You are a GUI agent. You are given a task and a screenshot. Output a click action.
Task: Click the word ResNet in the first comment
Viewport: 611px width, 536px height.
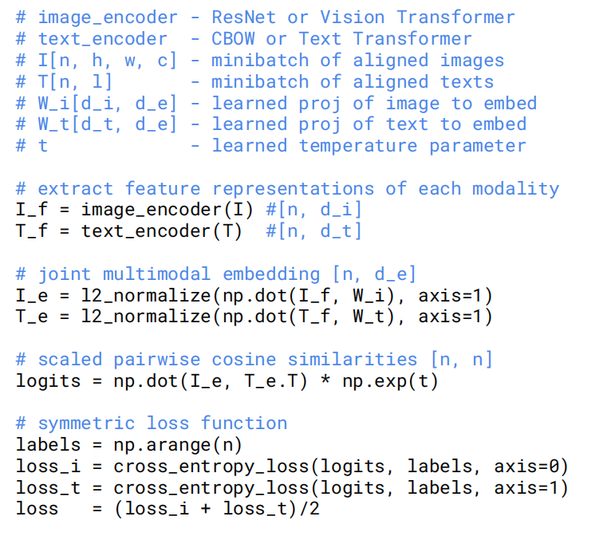point(244,18)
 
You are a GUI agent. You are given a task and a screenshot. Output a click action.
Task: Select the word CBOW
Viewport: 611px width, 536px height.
point(233,39)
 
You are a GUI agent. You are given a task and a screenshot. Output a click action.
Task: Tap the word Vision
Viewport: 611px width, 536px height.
point(353,18)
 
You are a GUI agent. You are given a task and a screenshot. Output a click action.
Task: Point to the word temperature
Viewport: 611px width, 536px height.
point(357,146)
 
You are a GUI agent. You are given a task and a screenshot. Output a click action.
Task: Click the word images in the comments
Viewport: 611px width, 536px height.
point(472,61)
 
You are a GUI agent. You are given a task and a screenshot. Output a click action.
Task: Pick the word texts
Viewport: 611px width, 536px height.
point(467,82)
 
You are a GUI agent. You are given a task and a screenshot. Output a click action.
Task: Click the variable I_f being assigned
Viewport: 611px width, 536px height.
point(32,210)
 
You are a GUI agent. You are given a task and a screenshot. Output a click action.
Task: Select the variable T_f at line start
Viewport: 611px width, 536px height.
point(32,231)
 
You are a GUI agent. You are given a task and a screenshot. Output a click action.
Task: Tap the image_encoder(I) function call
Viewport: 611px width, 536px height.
point(168,211)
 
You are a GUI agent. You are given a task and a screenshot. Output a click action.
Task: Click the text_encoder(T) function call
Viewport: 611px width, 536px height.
point(162,232)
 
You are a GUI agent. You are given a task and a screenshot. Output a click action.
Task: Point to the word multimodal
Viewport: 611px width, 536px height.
point(156,274)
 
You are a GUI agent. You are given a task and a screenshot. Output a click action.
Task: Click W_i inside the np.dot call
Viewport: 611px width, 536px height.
point(369,296)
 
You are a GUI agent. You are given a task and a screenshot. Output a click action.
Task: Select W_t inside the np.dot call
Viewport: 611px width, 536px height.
point(369,317)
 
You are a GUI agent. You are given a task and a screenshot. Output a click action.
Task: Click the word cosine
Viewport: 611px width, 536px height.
point(244,359)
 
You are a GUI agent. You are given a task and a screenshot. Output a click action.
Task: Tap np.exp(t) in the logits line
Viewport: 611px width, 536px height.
point(390,381)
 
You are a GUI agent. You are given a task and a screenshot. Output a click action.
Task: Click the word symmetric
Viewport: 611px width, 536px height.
point(86,424)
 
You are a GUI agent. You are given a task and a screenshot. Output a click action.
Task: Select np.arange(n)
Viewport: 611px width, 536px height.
point(178,445)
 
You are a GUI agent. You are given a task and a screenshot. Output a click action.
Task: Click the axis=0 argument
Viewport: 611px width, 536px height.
point(526,467)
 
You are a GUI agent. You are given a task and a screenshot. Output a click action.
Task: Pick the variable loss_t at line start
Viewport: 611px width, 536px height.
point(48,487)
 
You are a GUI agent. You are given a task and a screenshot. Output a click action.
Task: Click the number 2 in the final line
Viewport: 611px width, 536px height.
point(314,509)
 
